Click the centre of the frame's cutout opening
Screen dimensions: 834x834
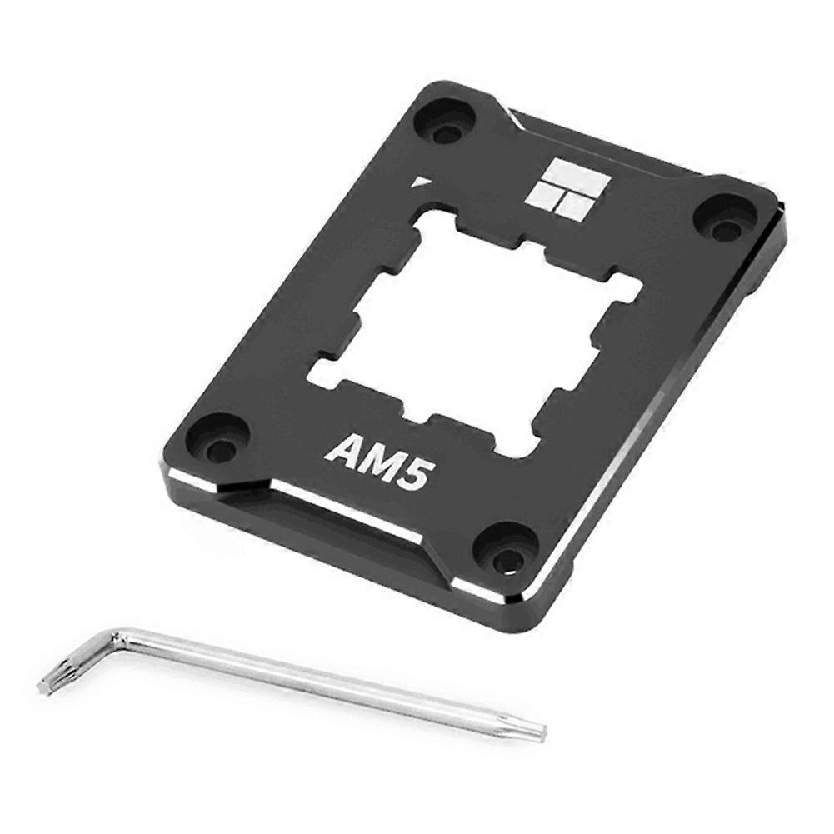coord(475,333)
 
